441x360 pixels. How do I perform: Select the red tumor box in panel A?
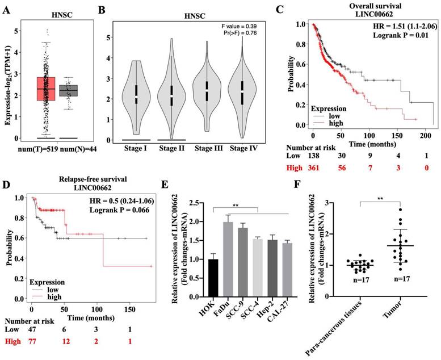[x=45, y=88]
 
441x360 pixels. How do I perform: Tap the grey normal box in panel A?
[x=68, y=90]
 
